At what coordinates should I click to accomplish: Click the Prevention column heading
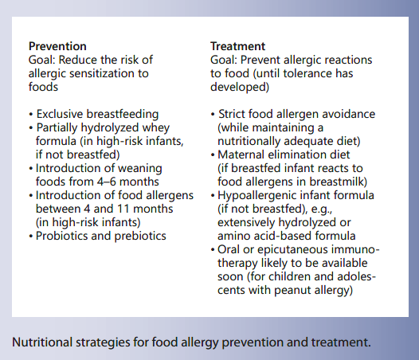[57, 46]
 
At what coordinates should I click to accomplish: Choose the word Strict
[234, 114]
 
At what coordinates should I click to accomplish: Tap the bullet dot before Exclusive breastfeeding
[31, 114]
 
